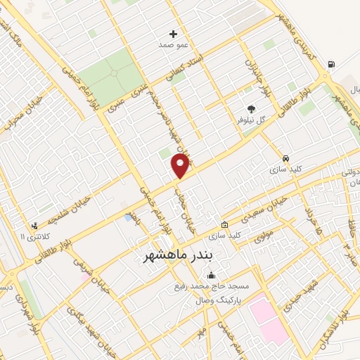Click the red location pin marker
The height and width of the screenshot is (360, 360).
(x=180, y=166)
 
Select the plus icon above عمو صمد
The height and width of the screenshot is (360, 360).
(x=174, y=34)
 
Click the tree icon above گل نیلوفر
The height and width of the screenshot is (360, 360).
(x=251, y=109)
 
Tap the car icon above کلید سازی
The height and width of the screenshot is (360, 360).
(x=285, y=159)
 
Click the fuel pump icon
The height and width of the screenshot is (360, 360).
(x=330, y=65)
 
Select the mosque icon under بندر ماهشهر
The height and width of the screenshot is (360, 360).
(x=212, y=275)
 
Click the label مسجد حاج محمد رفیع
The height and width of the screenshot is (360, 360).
(x=212, y=287)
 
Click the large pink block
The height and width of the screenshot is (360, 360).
(x=268, y=320)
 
